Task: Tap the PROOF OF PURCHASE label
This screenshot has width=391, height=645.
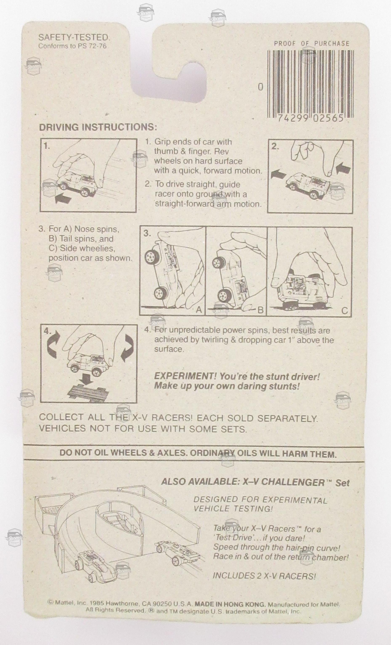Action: coord(312,43)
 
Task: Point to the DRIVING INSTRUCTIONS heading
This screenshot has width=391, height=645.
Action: coord(98,127)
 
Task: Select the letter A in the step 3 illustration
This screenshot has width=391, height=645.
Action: coord(199,310)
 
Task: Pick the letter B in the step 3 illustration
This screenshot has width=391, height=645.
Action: coord(261,310)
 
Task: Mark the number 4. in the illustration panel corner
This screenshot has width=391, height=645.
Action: coord(48,331)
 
